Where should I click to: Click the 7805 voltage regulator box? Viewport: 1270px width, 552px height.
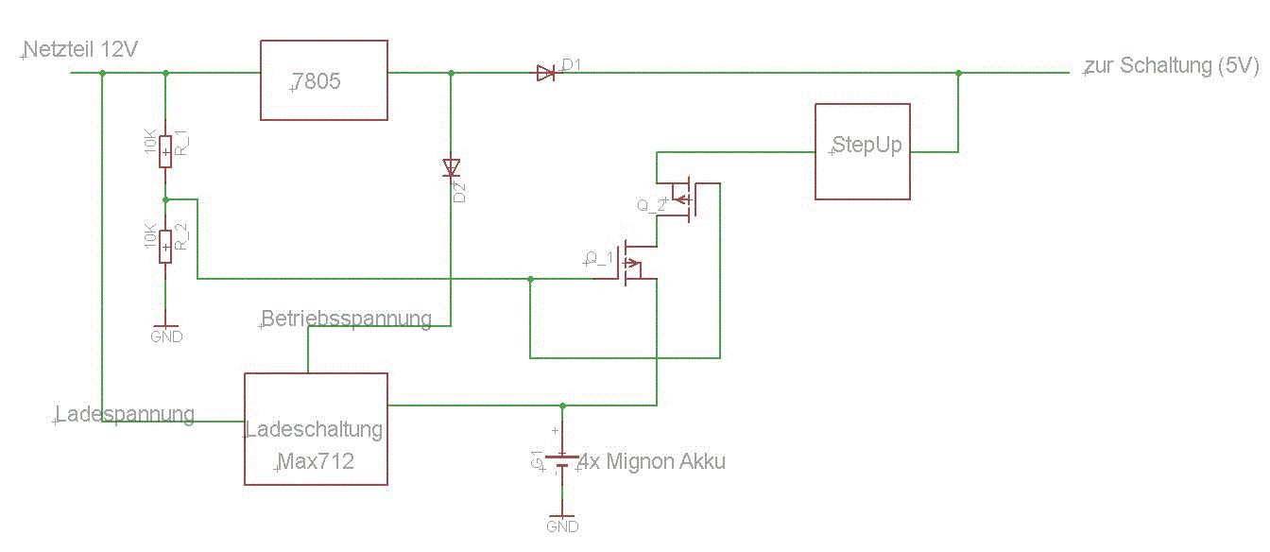tap(323, 80)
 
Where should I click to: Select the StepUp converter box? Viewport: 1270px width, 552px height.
tap(863, 151)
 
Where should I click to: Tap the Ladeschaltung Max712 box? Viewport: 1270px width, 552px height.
tap(316, 429)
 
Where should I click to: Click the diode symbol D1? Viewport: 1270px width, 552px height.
tap(545, 73)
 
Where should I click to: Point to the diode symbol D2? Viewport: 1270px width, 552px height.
tap(450, 168)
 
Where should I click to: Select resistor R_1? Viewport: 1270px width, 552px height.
tap(165, 150)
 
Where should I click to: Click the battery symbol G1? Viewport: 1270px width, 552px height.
tap(562, 462)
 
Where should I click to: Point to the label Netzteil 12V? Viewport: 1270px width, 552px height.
tap(80, 50)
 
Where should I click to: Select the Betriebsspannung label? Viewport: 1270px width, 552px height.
tap(347, 319)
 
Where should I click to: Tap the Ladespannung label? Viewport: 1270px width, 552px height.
tap(125, 414)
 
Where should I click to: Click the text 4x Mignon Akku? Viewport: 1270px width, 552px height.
tap(652, 462)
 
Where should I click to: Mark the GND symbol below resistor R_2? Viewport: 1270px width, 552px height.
tap(165, 331)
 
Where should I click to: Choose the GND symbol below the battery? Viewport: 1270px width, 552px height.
tap(562, 522)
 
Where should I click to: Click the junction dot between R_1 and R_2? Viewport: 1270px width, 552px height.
tap(165, 199)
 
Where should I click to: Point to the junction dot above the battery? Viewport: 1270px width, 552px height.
tap(562, 405)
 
